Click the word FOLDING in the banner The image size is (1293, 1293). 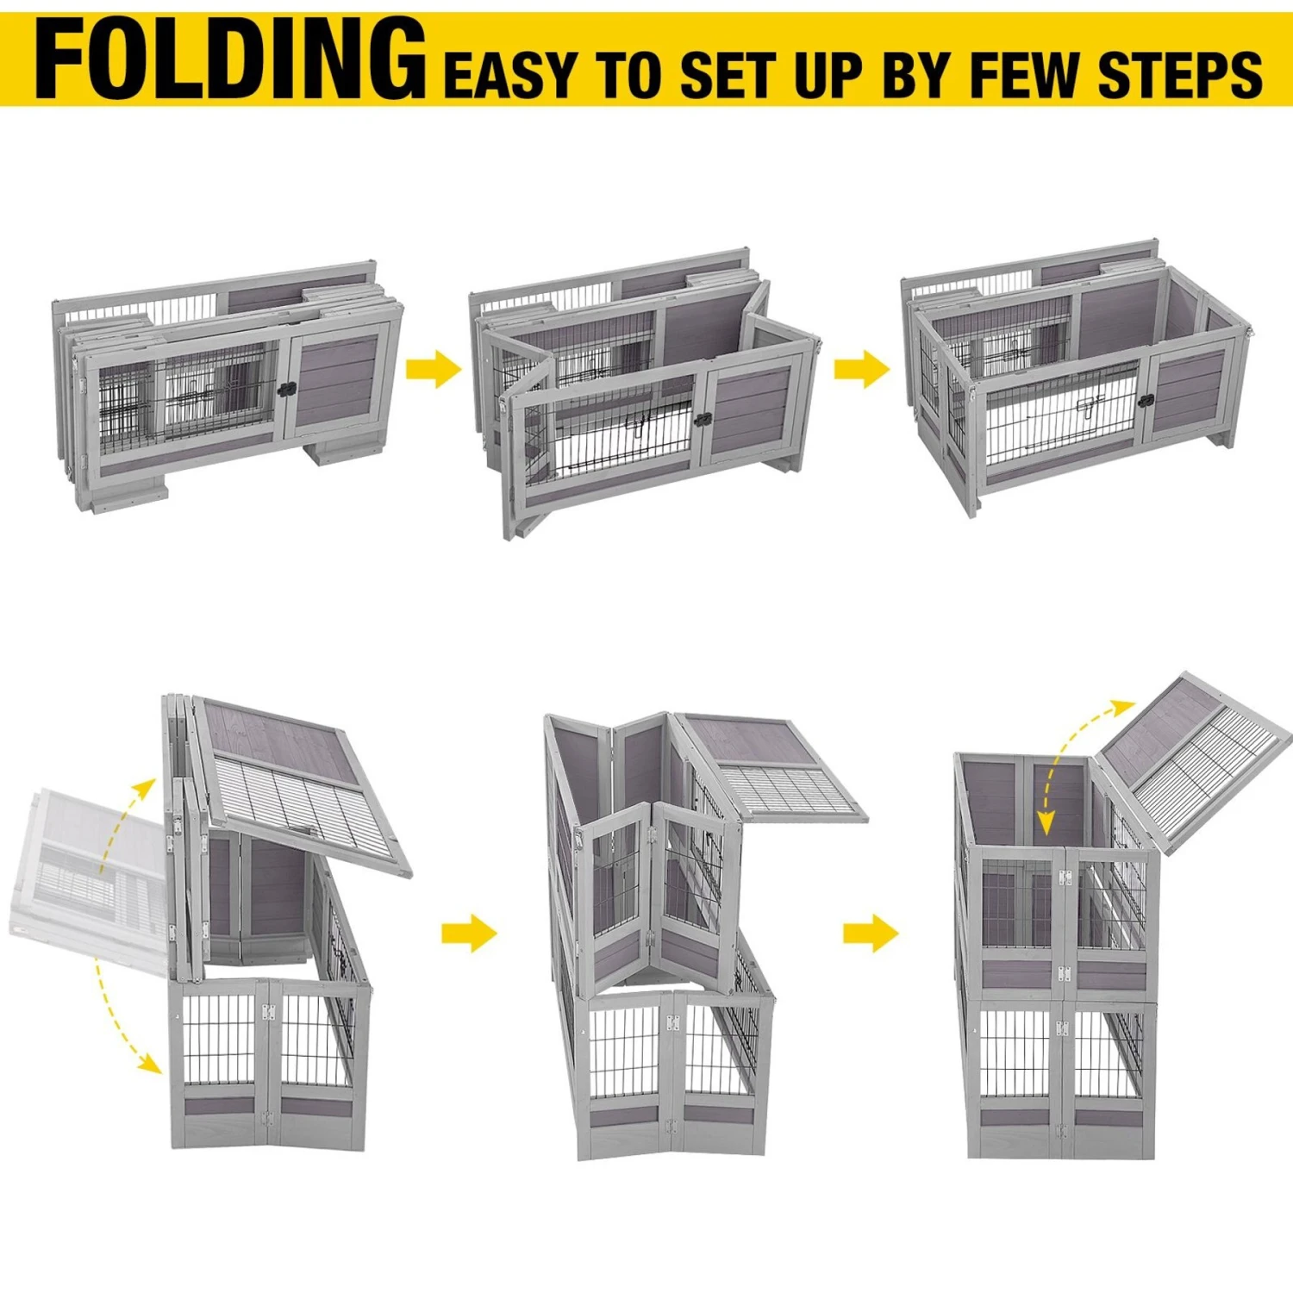(x=230, y=58)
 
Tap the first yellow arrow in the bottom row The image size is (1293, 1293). (x=469, y=933)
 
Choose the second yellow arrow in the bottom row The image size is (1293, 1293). (x=871, y=933)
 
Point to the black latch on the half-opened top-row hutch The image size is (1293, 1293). (x=703, y=420)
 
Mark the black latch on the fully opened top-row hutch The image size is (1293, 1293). (x=1145, y=401)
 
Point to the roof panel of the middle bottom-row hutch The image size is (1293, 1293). (x=771, y=767)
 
